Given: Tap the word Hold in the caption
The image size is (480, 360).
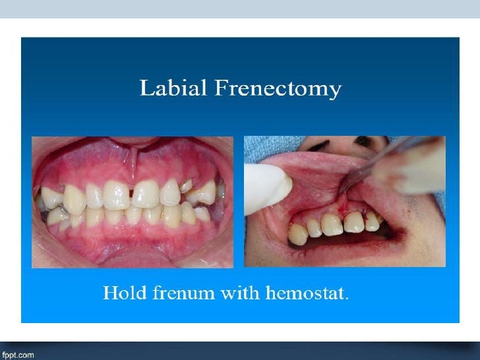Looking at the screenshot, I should coord(121,293).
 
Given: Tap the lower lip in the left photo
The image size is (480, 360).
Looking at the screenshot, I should coord(132,251).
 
